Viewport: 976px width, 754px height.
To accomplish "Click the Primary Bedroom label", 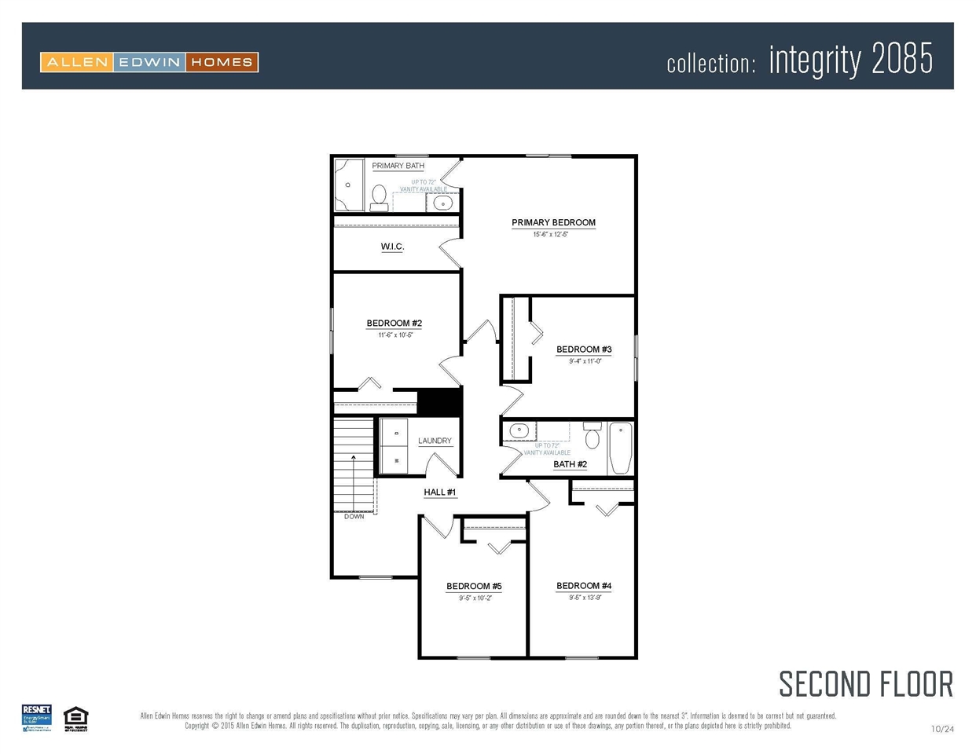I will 553,222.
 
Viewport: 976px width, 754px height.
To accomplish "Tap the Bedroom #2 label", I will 394,323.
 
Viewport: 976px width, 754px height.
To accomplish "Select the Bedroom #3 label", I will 583,350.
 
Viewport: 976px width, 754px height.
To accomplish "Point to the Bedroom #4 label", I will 583,586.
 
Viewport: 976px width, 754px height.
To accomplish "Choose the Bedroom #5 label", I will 474,586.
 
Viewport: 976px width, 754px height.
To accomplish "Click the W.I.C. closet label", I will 392,247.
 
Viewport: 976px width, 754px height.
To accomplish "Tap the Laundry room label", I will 435,441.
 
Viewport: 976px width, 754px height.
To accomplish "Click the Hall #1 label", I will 439,492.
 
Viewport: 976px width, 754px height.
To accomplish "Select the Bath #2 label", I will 570,464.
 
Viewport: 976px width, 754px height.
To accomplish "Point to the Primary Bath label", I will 398,166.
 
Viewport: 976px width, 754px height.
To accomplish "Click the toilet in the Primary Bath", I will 379,196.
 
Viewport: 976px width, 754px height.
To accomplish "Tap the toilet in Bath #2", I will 593,436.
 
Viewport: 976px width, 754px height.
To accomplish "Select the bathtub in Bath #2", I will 620,448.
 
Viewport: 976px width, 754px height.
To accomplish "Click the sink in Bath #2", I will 519,430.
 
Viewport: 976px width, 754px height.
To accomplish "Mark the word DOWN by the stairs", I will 354,516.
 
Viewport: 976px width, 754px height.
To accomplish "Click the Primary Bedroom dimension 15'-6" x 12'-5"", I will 550,234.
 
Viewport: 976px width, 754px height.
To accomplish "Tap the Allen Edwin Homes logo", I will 149,62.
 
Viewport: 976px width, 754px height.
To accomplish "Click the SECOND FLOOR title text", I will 865,684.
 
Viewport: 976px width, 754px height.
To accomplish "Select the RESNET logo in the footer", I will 36,718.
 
